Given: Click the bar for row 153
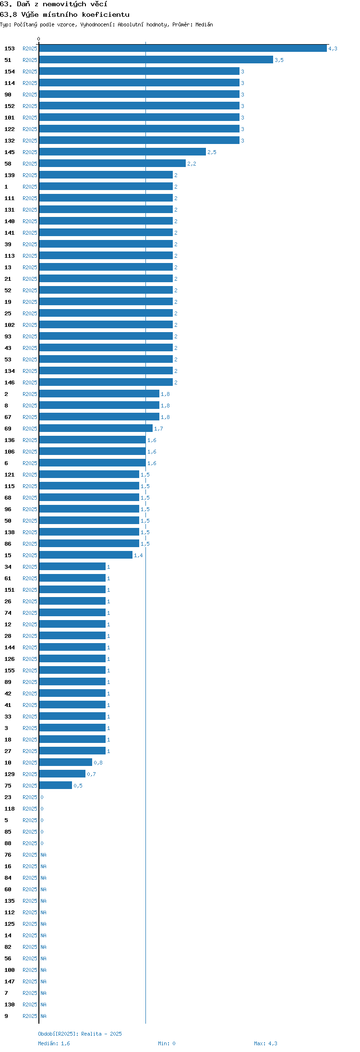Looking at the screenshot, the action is (183, 48).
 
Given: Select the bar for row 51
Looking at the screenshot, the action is (156, 60).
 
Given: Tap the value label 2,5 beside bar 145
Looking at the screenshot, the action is (212, 152).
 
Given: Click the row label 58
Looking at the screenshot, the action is (8, 164).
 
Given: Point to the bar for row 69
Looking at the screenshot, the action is (96, 429).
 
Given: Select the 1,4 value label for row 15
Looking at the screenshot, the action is (138, 555).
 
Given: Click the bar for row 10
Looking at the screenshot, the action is (66, 763).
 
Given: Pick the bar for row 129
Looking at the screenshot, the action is (62, 774).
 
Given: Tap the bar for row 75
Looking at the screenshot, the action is (56, 786).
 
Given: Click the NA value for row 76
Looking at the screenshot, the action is (43, 855).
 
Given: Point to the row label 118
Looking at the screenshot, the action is (10, 809).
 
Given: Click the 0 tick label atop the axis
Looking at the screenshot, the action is (39, 39).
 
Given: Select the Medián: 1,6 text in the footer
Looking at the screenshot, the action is (54, 1043).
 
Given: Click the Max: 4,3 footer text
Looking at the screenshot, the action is (265, 1043).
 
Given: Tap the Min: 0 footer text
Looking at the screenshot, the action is (167, 1043).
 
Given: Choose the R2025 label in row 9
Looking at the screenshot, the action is (30, 1016).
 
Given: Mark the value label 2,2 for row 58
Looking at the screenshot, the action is (192, 164).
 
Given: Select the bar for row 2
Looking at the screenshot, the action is (99, 394).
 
